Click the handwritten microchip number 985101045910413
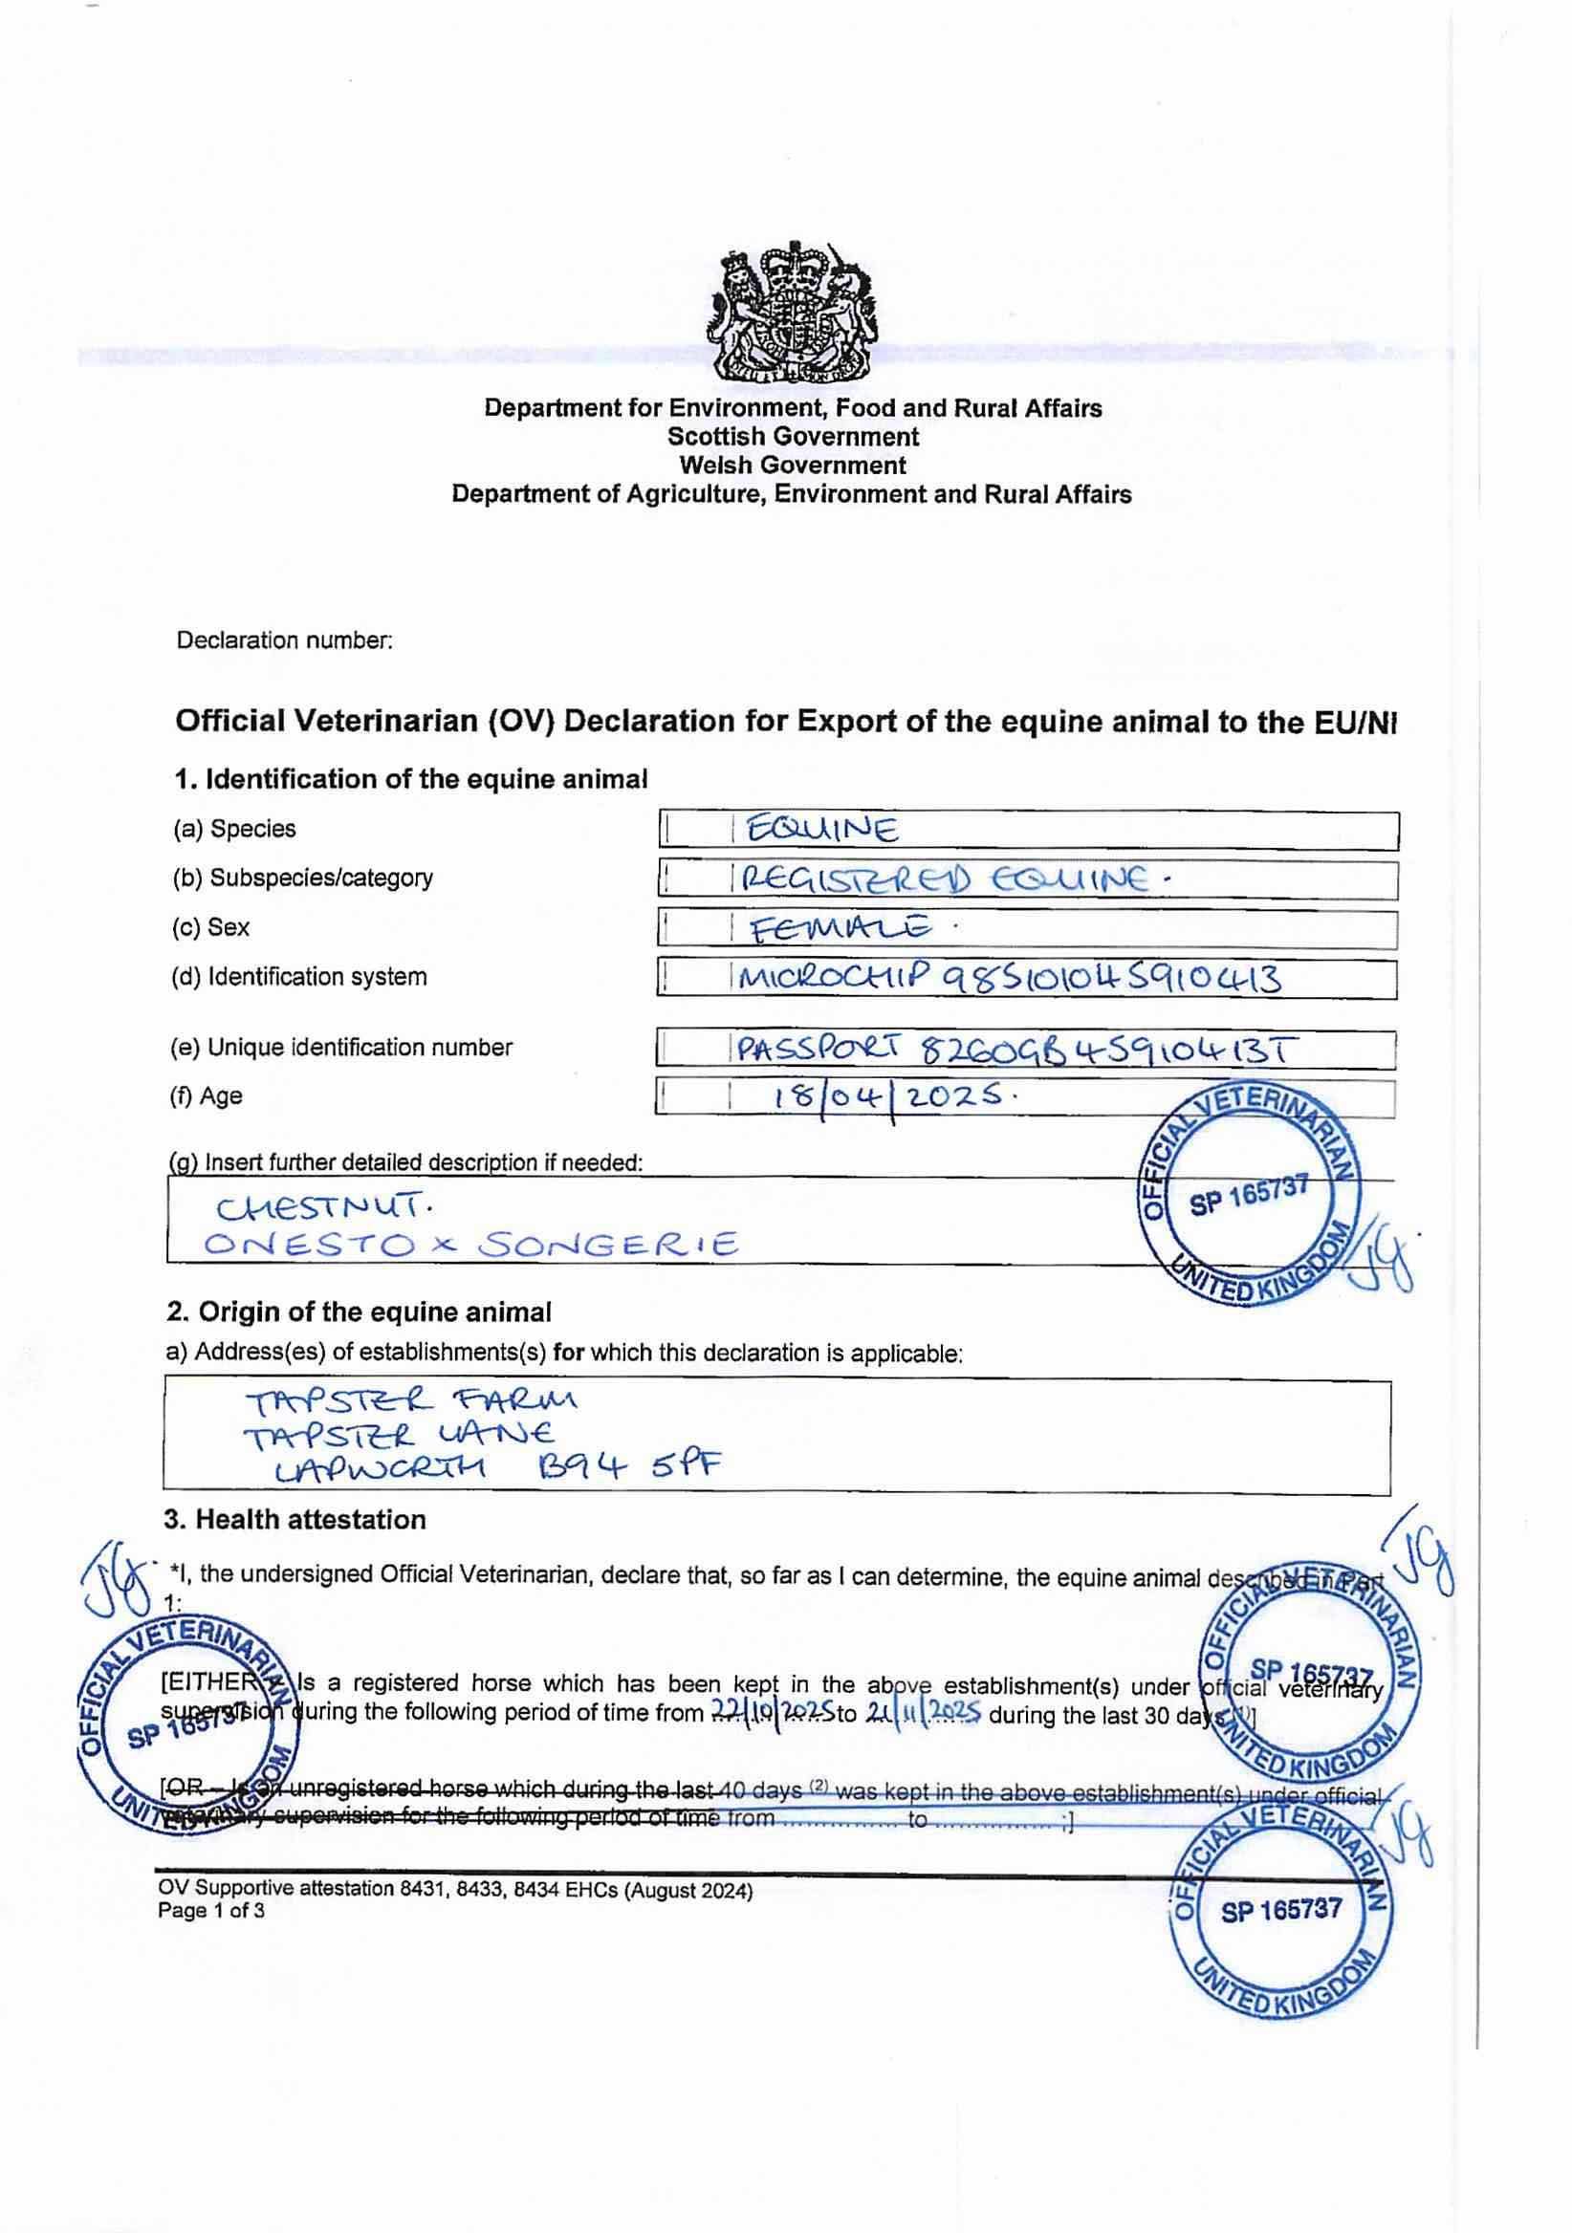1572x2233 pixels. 1112,979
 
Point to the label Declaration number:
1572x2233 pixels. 284,640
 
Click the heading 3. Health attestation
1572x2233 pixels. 295,1520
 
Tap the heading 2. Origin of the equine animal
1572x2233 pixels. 358,1312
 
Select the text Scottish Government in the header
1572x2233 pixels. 792,437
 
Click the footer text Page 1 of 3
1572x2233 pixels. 210,1911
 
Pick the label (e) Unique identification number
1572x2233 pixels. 340,1048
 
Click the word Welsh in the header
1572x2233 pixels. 717,465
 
